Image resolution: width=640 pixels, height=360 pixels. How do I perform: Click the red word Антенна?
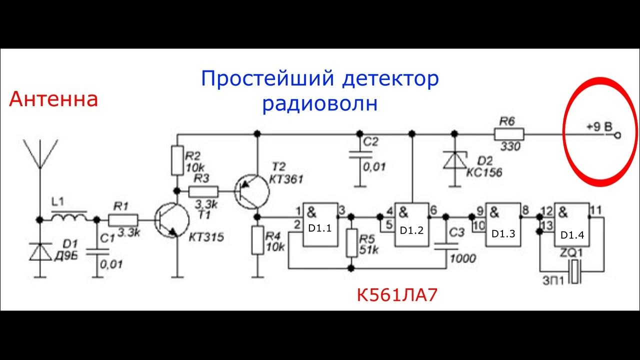53,99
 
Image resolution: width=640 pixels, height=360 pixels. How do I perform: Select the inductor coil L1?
69,218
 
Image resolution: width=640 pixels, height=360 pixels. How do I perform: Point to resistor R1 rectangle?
123,219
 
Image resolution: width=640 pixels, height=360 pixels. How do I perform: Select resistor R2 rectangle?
177,160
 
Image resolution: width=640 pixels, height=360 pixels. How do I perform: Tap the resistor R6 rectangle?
509,134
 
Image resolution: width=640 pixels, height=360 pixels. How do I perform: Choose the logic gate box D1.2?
412,224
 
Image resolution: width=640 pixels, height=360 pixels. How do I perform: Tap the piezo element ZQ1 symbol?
577,272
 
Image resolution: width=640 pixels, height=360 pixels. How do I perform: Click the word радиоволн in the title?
320,104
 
